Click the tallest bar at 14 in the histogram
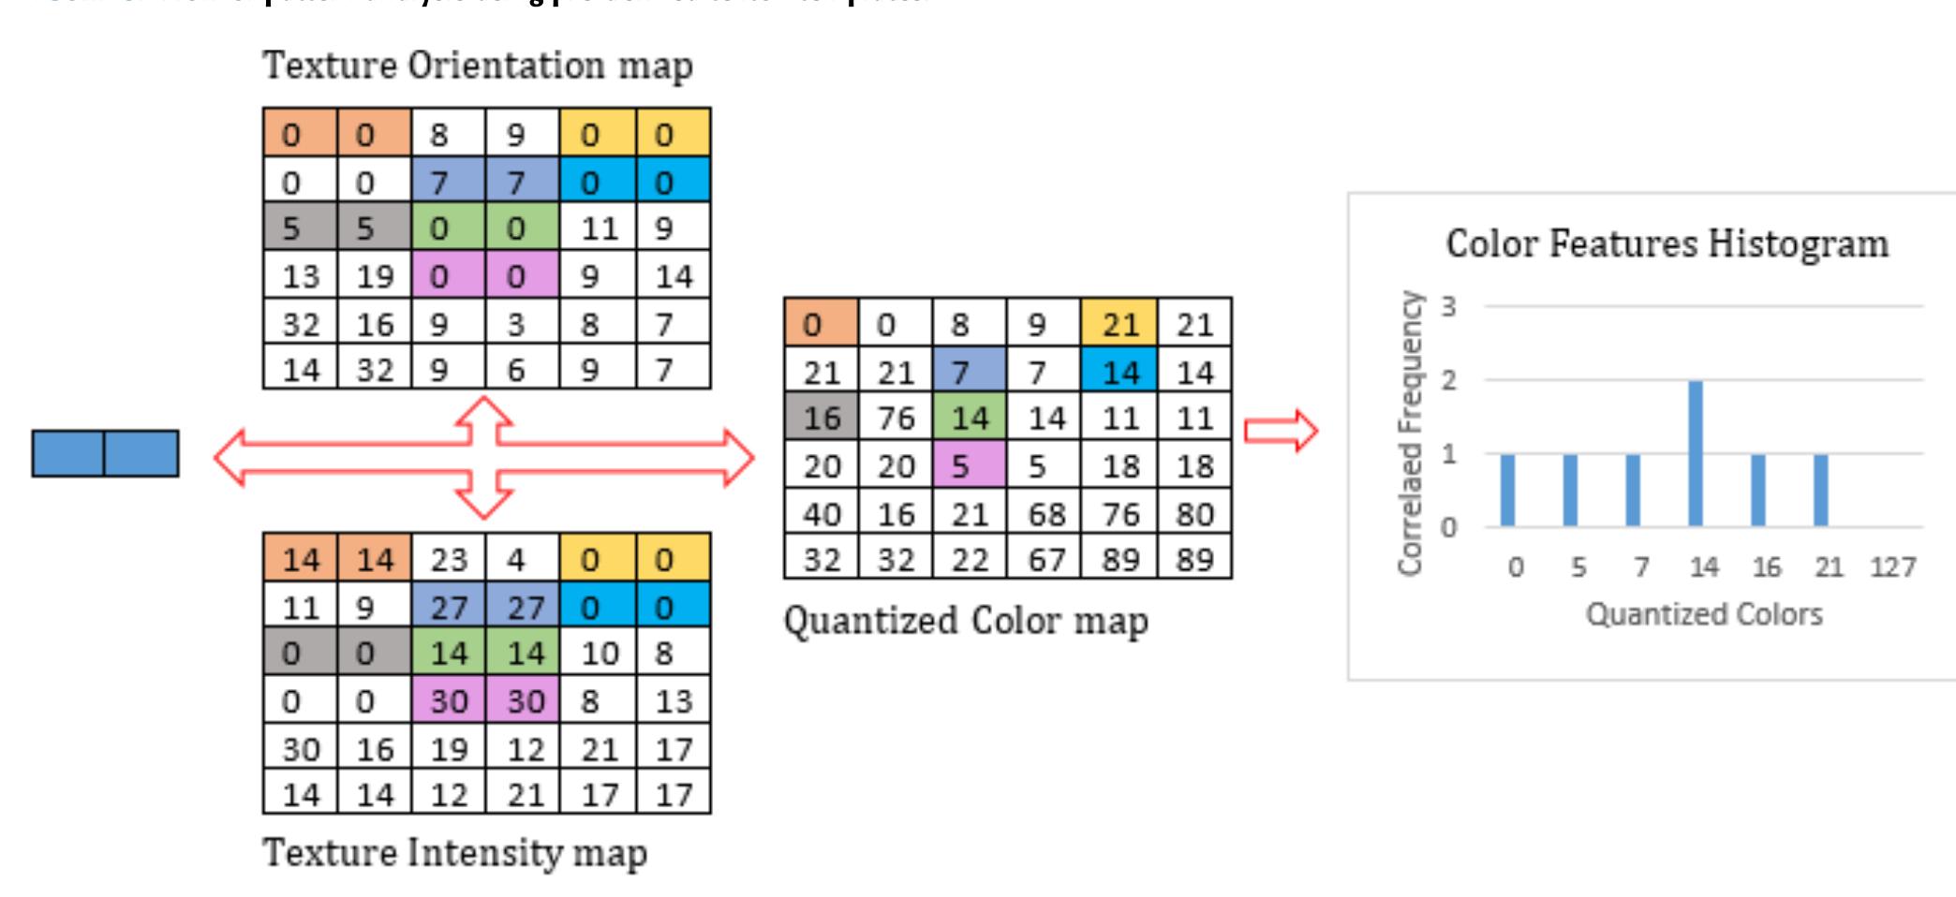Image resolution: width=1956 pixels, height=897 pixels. [x=1696, y=453]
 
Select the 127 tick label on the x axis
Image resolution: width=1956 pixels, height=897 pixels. [x=1892, y=567]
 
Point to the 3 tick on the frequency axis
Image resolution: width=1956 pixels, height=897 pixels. [x=1449, y=306]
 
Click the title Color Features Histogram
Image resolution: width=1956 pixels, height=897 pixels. [x=1667, y=243]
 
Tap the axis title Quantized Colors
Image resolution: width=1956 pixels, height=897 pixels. [x=1703, y=614]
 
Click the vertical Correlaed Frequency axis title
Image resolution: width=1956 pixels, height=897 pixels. [x=1409, y=433]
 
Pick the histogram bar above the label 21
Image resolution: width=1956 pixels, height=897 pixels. [x=1820, y=490]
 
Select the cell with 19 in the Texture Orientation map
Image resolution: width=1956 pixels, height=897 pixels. [x=375, y=276]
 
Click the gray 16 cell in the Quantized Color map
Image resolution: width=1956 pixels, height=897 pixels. [x=822, y=418]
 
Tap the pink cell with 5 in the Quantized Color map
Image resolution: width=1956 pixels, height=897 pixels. [x=969, y=465]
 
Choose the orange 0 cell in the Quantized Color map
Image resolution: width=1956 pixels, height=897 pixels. [x=821, y=324]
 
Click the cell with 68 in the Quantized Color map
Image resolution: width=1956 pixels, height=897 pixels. [x=1045, y=514]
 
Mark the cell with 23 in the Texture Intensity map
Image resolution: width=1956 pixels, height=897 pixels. [x=449, y=559]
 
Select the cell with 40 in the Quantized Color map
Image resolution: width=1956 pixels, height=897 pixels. [x=822, y=514]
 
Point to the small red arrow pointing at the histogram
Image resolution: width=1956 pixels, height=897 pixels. [x=1281, y=431]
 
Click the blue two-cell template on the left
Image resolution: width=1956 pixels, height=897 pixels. [x=105, y=453]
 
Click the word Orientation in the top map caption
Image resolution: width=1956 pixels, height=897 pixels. [x=506, y=66]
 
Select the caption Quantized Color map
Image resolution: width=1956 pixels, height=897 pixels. [x=965, y=621]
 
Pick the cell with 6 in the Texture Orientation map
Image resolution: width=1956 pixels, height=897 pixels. [x=515, y=370]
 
